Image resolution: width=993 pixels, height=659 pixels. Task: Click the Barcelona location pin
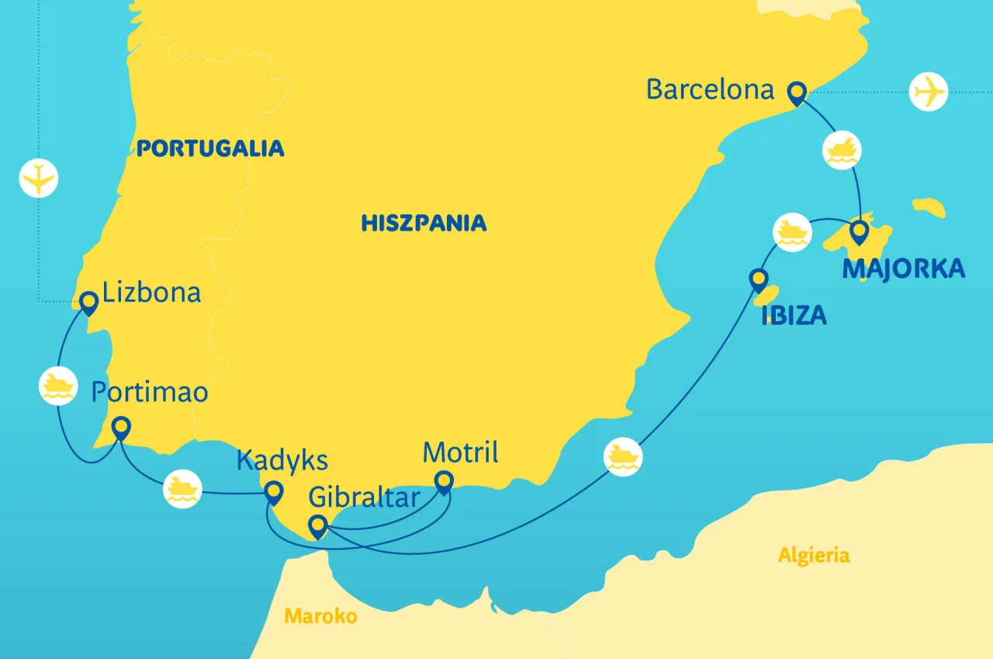(x=796, y=93)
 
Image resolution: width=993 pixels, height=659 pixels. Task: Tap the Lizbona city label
(x=151, y=293)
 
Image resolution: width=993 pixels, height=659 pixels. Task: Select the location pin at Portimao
(x=121, y=428)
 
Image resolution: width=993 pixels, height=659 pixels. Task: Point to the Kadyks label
(x=282, y=460)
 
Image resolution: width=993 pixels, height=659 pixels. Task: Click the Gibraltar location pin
(x=317, y=526)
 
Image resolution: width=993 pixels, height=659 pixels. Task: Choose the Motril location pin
(x=444, y=482)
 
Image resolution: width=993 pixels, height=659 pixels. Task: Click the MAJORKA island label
(x=903, y=269)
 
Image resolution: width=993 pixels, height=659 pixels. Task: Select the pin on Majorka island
(x=859, y=232)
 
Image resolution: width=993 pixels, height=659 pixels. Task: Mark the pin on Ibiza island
(x=758, y=279)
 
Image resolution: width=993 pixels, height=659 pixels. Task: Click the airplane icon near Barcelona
(x=929, y=92)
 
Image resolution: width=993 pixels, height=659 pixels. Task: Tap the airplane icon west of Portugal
(x=39, y=178)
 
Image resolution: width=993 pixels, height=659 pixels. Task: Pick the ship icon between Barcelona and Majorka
(x=842, y=151)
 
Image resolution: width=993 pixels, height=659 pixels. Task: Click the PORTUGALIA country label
(x=210, y=148)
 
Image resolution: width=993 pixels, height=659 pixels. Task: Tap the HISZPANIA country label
(x=424, y=224)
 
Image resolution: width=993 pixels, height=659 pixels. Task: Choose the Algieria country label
(x=814, y=555)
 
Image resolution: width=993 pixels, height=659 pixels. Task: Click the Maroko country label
(x=320, y=616)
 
